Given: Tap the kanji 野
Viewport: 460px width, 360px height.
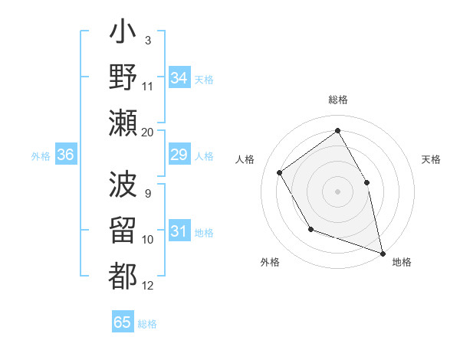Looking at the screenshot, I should (x=123, y=79).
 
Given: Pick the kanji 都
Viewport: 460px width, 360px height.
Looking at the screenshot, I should (x=123, y=274).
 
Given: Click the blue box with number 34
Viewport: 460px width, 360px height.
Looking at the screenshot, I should (x=179, y=77).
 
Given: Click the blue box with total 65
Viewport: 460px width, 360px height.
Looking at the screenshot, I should (x=123, y=322).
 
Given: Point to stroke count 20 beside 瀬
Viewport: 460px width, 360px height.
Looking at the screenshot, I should (x=147, y=133).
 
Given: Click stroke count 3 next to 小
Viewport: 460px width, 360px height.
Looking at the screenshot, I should (x=147, y=40).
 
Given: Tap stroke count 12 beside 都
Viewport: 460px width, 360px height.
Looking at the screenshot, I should (x=148, y=286).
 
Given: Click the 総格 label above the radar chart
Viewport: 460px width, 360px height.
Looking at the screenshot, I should (x=337, y=100).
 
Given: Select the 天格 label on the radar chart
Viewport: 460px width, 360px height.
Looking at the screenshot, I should (x=431, y=159).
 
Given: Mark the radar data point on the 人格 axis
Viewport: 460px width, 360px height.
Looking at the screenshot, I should (x=280, y=172).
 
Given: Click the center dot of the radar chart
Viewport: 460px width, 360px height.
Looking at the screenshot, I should (x=337, y=191).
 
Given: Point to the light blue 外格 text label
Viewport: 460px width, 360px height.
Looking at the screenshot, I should (x=41, y=156).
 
